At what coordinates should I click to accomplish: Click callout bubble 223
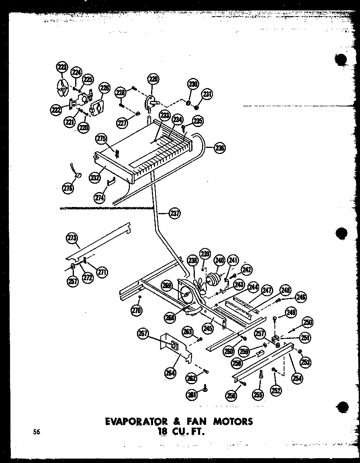pos(61,68)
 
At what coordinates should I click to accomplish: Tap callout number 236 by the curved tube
pos(219,148)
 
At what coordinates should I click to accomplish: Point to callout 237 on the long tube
pos(175,213)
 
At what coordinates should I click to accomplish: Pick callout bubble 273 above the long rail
pos(72,238)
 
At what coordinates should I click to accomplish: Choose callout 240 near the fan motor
pos(219,260)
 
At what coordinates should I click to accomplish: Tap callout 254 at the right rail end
pos(298,378)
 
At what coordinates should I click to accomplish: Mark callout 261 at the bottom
pos(192,395)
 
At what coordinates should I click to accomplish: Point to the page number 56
pos(37,432)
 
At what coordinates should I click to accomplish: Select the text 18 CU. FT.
pos(180,433)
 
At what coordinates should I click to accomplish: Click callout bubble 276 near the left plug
pos(68,187)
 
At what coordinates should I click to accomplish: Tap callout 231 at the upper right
pos(207,95)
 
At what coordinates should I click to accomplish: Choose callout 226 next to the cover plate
pos(104,87)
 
